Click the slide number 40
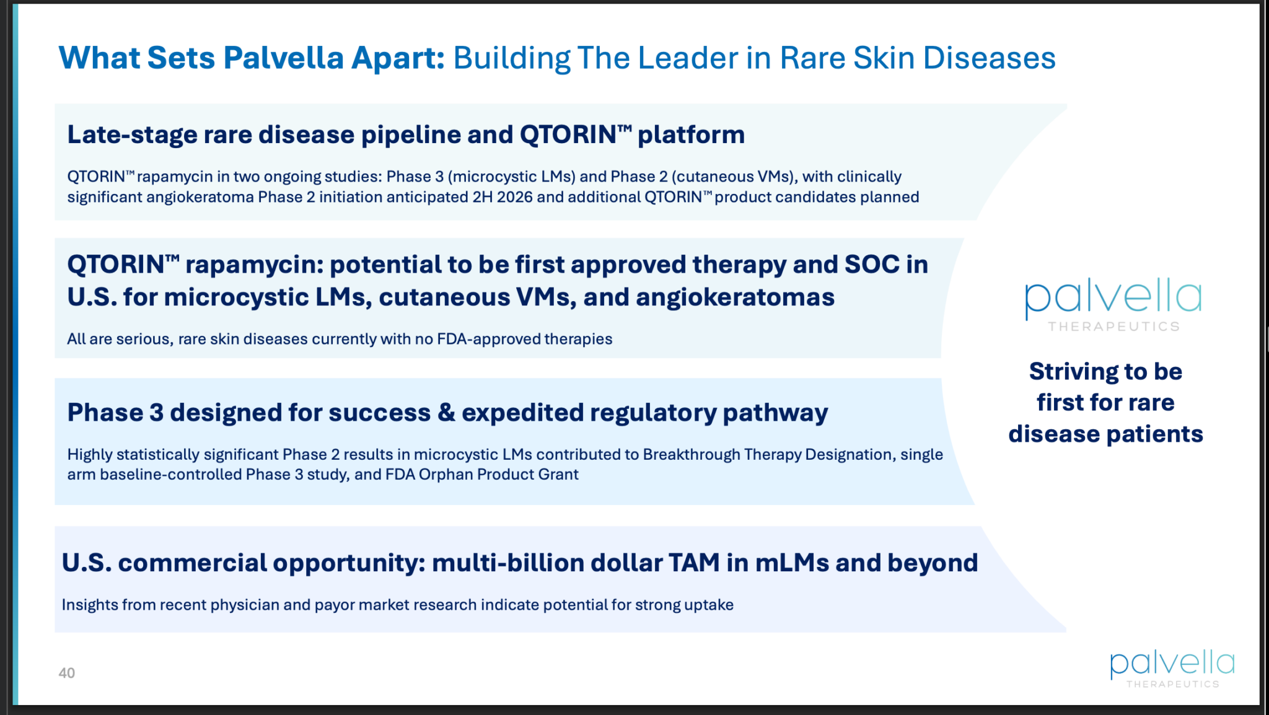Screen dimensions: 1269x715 coord(66,673)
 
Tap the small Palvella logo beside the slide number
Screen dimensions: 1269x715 coord(1172,669)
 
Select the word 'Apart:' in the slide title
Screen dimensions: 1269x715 coord(398,58)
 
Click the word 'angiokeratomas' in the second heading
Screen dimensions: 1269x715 coord(735,297)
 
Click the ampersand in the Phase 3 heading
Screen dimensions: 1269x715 coord(446,413)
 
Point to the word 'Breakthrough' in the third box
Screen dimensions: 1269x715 coord(692,454)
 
